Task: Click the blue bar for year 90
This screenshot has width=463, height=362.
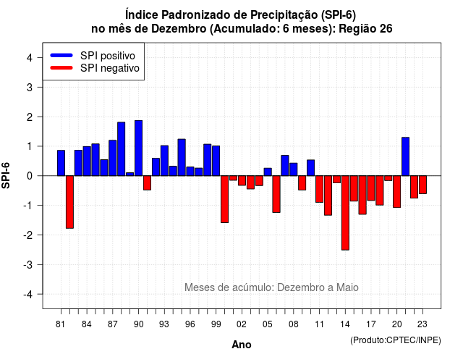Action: (138, 148)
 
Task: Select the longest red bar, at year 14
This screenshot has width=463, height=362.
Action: (345, 213)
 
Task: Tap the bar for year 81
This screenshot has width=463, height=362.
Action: (61, 163)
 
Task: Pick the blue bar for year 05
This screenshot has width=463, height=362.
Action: (268, 172)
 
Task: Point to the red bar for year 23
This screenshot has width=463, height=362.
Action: (422, 185)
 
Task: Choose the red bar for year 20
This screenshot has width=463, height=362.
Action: (397, 191)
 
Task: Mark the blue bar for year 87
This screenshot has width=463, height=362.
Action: (113, 158)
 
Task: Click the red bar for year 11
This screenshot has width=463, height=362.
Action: (320, 189)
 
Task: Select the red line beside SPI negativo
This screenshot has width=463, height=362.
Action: (61, 68)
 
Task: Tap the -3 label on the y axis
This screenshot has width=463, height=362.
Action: (28, 265)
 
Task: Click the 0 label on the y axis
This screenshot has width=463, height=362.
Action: (30, 176)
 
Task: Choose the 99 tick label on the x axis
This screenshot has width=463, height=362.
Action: (216, 324)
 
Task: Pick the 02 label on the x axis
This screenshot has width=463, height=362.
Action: (242, 324)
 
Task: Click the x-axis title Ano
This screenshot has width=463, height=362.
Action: (242, 345)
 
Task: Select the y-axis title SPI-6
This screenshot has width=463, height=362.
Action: (6, 175)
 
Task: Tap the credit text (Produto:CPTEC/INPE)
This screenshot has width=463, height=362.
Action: (396, 340)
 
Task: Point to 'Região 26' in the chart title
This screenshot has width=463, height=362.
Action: (365, 29)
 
